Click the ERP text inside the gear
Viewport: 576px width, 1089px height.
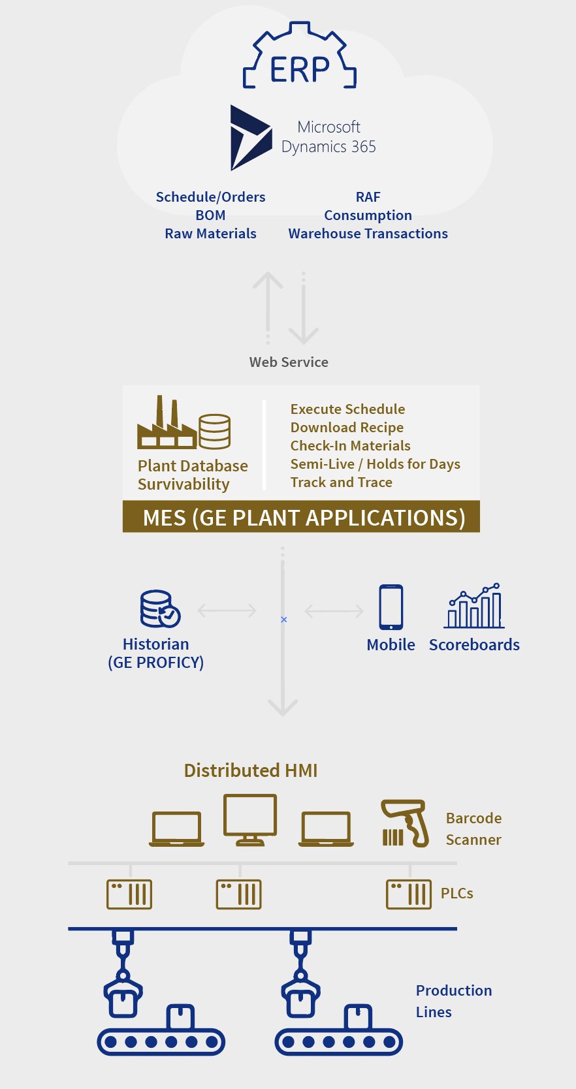(x=300, y=69)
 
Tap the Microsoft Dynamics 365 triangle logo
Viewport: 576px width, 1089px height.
(x=250, y=138)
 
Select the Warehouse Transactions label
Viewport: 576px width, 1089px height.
(x=368, y=233)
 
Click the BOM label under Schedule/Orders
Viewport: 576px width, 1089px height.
(x=210, y=215)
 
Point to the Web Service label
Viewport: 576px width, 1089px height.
(x=289, y=362)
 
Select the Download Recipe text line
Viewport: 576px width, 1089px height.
(x=347, y=428)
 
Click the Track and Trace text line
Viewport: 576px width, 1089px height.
(x=341, y=482)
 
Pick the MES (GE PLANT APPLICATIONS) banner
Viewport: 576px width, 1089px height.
(x=301, y=517)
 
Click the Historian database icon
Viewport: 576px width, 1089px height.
(x=160, y=608)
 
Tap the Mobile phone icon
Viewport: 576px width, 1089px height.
(x=391, y=607)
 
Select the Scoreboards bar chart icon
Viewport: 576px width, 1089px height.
(x=474, y=606)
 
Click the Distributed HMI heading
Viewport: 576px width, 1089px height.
(x=251, y=770)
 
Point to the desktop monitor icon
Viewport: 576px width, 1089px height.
(x=250, y=820)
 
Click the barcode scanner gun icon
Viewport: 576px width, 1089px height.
(x=405, y=823)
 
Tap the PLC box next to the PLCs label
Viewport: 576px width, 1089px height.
(x=409, y=894)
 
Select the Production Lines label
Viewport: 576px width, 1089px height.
(x=453, y=1001)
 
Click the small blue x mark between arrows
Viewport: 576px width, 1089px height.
(x=283, y=620)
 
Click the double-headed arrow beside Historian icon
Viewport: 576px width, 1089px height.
(x=227, y=610)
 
